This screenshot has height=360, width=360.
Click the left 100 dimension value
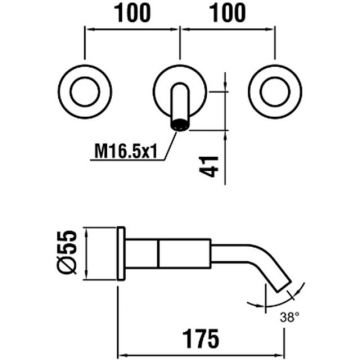(x=133, y=14)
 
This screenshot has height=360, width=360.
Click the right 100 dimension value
(x=228, y=14)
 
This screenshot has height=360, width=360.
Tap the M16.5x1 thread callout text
(x=126, y=153)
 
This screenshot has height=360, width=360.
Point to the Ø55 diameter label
(x=68, y=252)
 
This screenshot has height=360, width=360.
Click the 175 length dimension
(x=201, y=338)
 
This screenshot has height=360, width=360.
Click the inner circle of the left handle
(x=85, y=91)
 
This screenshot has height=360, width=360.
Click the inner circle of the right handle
(x=275, y=91)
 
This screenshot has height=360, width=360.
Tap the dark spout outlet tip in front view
(x=180, y=125)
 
